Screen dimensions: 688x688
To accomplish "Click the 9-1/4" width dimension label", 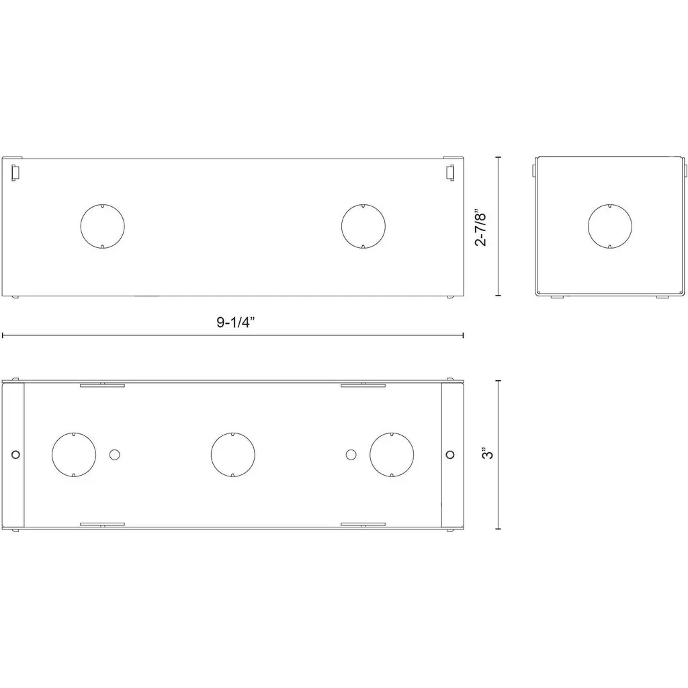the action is [x=235, y=322].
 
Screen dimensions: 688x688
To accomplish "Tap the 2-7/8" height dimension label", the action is [x=481, y=229].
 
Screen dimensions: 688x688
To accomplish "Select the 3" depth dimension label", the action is [x=488, y=454].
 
